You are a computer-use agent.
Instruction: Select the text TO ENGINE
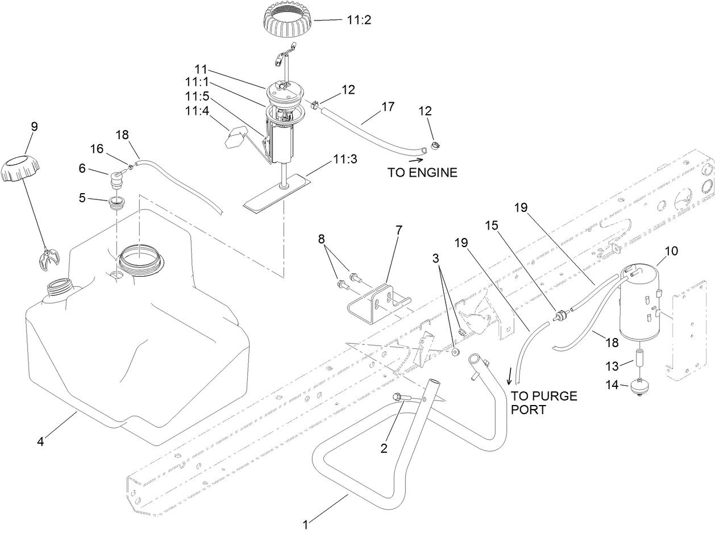pyautogui.click(x=422, y=173)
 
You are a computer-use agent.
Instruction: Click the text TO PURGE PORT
pyautogui.click(x=543, y=403)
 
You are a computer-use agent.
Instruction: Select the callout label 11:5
pyautogui.click(x=197, y=96)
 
